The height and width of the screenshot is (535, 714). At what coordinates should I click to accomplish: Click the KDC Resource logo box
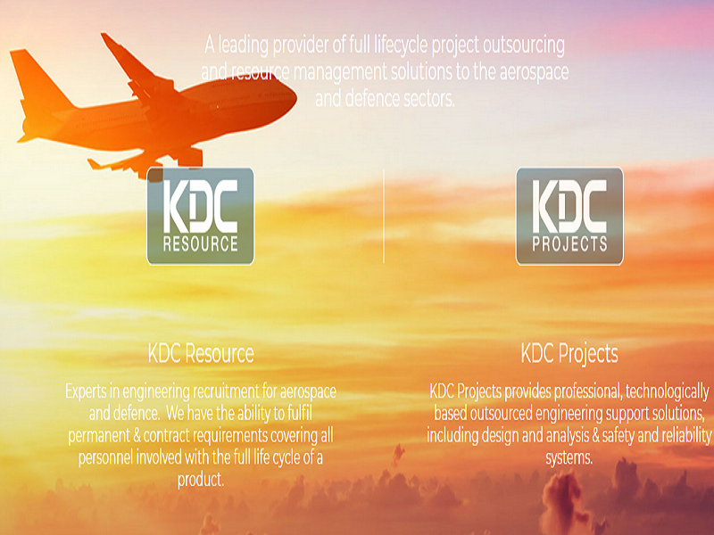[200, 216]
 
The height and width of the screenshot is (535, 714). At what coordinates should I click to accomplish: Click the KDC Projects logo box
[569, 216]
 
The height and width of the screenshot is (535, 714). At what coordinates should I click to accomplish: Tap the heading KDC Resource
[201, 353]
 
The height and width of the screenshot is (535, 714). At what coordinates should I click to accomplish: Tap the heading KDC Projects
[569, 354]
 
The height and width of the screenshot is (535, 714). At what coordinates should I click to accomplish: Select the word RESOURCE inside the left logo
[200, 243]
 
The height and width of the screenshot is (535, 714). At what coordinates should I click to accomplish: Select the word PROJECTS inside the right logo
[569, 243]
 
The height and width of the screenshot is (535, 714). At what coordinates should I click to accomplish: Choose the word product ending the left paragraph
[200, 480]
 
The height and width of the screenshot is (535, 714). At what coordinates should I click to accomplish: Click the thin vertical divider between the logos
[384, 216]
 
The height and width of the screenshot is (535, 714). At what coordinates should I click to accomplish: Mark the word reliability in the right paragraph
[685, 435]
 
